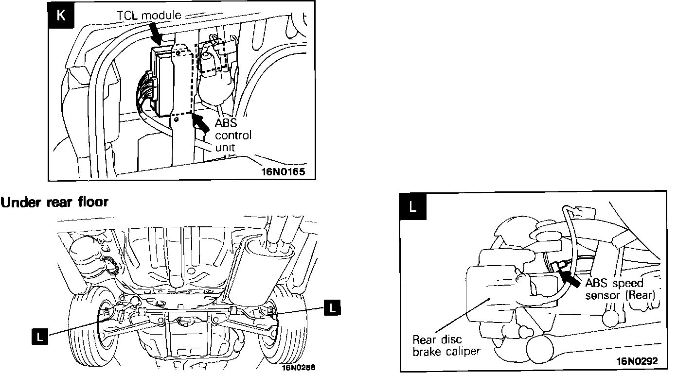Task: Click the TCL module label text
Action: point(149,15)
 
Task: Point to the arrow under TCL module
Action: point(156,34)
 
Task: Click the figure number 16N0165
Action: point(285,172)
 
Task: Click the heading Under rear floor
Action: point(54,202)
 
